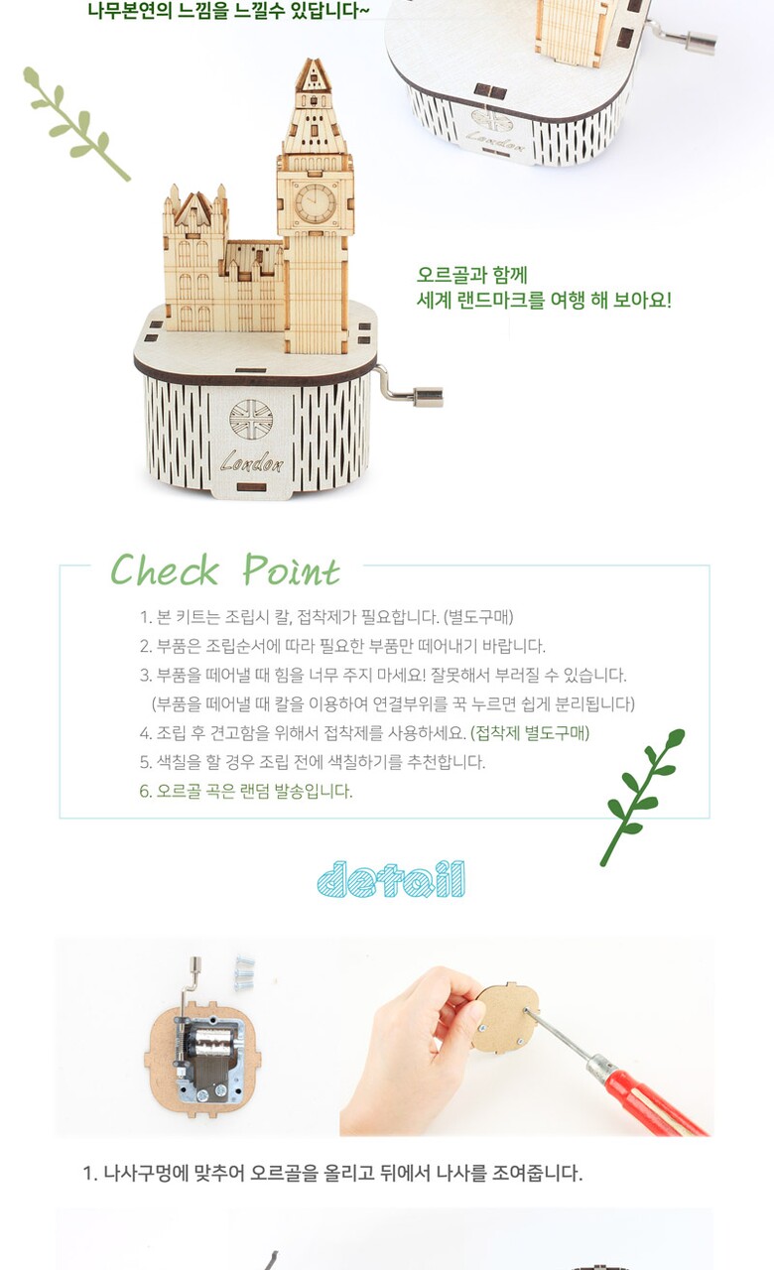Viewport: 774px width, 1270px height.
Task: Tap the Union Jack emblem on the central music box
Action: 251,420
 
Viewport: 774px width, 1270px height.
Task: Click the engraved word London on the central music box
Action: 252,462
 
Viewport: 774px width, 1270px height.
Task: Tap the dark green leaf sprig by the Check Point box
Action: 641,797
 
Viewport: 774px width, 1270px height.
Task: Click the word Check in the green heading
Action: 165,570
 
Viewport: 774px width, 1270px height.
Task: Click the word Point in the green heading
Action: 292,571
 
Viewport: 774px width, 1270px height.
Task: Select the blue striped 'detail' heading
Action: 391,879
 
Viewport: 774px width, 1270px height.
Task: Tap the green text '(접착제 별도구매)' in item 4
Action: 530,733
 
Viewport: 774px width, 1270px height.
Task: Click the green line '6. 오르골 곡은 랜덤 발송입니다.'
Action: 246,791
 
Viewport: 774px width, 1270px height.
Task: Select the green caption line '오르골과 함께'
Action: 472,275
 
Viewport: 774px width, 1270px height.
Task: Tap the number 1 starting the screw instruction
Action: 88,1173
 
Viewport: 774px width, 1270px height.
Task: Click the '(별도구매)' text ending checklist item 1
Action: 478,617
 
